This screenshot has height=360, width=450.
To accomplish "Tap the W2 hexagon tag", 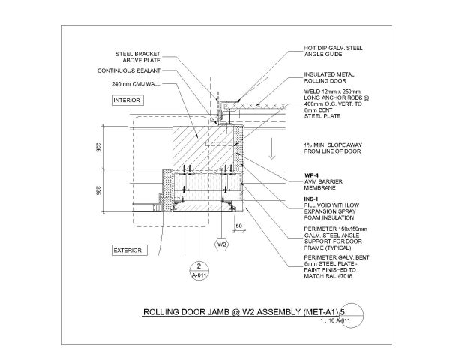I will pos(222,245).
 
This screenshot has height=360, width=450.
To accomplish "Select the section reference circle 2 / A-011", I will pos(197,270).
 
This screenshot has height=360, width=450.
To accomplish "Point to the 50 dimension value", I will pos(238,225).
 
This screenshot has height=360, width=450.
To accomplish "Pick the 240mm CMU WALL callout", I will pos(133,84).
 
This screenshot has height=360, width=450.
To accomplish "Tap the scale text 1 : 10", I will pos(326,321).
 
